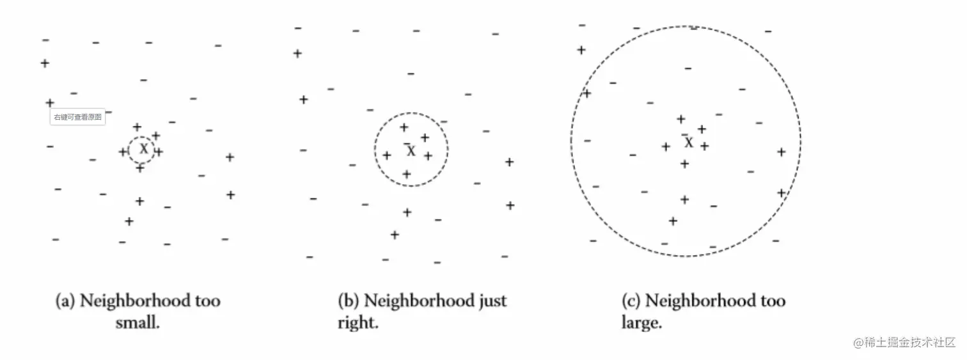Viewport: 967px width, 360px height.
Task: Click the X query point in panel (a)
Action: click(144, 149)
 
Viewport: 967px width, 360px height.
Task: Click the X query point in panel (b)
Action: click(411, 151)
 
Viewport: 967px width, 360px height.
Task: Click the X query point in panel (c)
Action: click(688, 143)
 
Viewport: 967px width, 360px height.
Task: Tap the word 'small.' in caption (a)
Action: click(138, 322)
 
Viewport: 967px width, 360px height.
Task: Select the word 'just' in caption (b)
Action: click(490, 300)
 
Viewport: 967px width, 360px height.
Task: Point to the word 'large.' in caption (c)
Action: click(641, 322)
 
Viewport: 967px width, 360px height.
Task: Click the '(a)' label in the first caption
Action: click(66, 301)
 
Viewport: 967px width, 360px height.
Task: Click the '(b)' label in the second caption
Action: click(349, 301)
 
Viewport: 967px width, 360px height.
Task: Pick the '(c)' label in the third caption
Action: click(631, 301)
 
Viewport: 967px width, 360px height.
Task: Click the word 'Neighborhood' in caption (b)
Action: click(417, 300)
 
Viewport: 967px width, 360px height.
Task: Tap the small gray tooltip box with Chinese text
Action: click(78, 117)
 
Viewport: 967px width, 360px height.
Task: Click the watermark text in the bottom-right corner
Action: click(904, 342)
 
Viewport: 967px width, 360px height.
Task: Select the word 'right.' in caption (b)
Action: click(358, 322)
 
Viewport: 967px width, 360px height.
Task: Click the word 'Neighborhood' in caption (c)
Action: click(700, 300)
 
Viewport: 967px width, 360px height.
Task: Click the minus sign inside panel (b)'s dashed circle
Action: click(407, 143)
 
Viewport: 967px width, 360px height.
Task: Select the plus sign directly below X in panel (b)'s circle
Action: click(406, 174)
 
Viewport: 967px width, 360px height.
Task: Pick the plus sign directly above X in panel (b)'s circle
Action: click(404, 127)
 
